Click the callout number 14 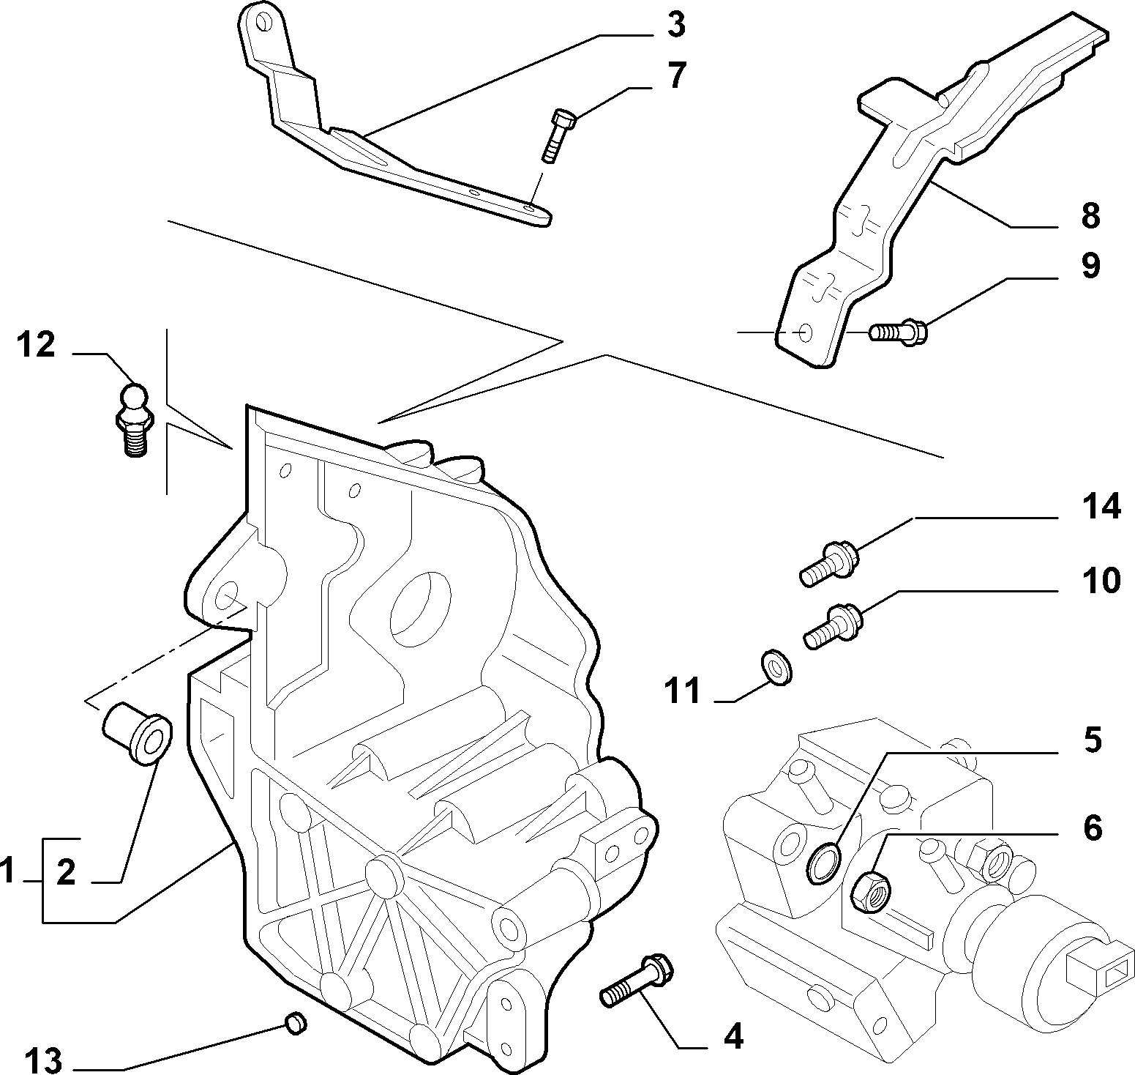pos(1100,506)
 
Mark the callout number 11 pos(683,691)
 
